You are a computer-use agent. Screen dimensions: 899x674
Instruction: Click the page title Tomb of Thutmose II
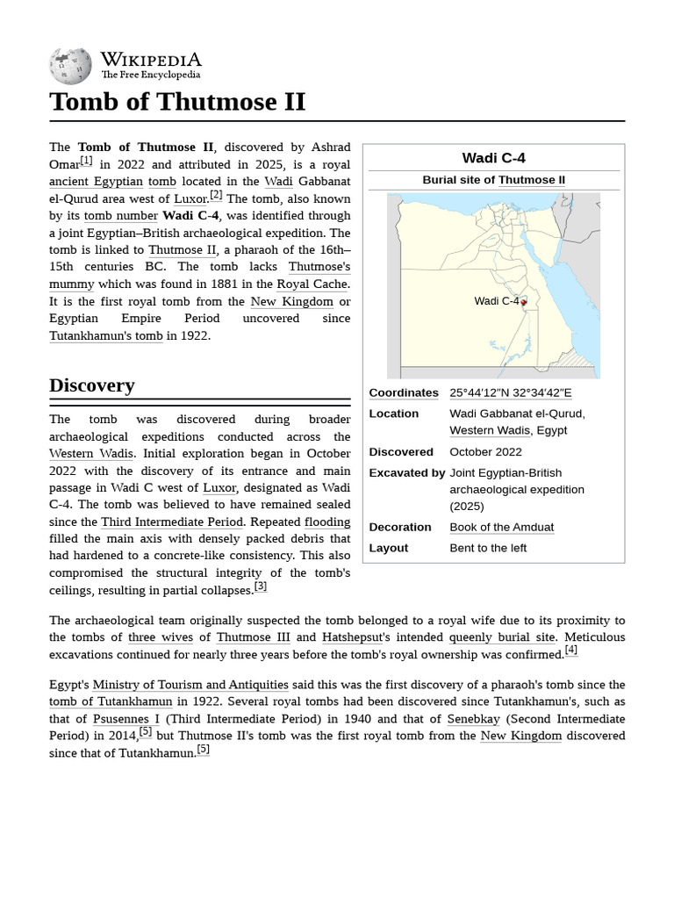(177, 102)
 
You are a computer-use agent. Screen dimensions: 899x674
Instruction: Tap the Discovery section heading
(92, 385)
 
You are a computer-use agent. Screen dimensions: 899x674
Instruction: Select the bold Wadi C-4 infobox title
(493, 158)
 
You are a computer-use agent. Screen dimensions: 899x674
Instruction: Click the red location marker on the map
(524, 302)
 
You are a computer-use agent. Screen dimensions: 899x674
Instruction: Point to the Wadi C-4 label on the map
(496, 301)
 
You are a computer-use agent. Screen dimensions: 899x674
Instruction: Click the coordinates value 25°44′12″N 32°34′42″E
(510, 392)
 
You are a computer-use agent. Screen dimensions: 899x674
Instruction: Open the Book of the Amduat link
(501, 527)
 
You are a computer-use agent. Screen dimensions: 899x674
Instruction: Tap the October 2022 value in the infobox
(485, 452)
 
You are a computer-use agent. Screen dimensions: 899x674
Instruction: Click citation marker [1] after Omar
(86, 161)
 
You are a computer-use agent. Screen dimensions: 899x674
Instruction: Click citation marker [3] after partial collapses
(261, 586)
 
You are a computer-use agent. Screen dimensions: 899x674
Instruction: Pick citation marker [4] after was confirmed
(571, 650)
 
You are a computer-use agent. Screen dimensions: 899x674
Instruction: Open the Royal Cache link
(312, 284)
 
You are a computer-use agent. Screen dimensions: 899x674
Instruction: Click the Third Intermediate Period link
(172, 521)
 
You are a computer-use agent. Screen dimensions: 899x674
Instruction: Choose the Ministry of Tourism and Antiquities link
(190, 685)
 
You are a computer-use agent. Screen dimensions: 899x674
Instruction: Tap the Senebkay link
(473, 719)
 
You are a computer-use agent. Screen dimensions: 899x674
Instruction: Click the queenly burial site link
(501, 637)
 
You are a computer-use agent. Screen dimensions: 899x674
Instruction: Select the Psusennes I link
(126, 719)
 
